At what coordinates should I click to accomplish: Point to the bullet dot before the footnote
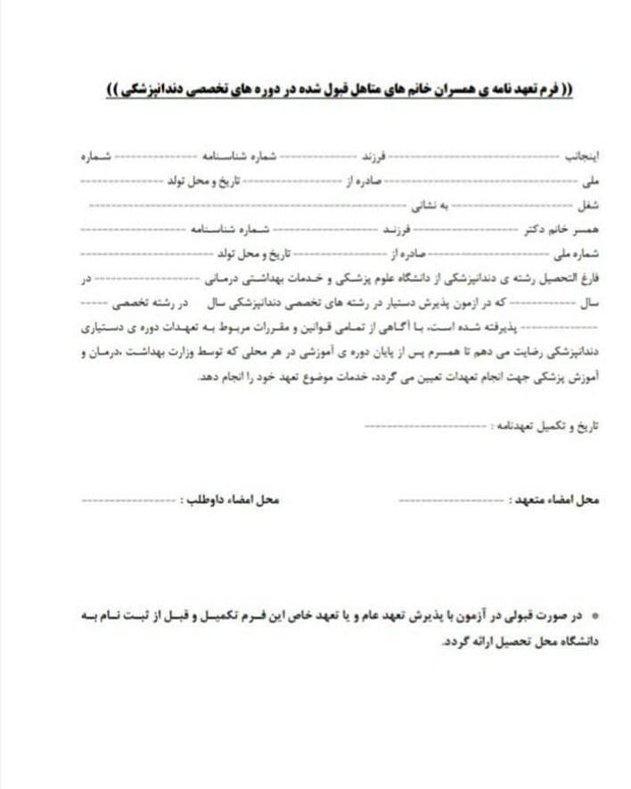click(x=594, y=615)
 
